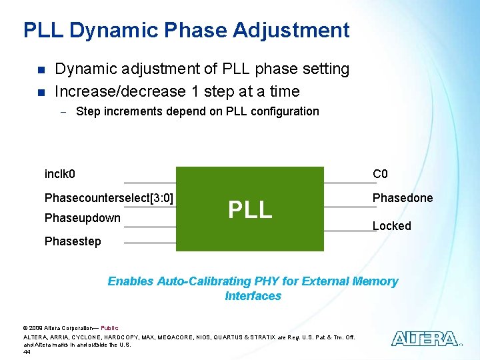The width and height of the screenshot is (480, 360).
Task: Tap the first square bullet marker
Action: click(x=40, y=70)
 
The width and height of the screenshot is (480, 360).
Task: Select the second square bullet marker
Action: click(x=40, y=92)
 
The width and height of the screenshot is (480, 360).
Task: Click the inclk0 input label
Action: click(x=59, y=175)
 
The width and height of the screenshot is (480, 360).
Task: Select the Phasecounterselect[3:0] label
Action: click(x=109, y=198)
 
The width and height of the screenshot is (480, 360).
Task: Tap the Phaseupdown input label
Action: click(x=82, y=218)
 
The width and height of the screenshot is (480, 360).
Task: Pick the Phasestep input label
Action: click(x=73, y=241)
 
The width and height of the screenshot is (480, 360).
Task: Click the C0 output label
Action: click(x=380, y=175)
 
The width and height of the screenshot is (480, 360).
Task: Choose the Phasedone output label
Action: click(x=402, y=198)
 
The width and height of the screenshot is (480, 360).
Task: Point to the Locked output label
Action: click(x=392, y=226)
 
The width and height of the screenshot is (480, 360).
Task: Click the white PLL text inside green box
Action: click(x=250, y=209)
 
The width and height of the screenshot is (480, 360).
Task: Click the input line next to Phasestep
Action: click(x=150, y=243)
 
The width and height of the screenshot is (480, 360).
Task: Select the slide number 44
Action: click(x=27, y=351)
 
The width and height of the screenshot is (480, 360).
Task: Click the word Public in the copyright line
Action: click(x=109, y=328)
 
